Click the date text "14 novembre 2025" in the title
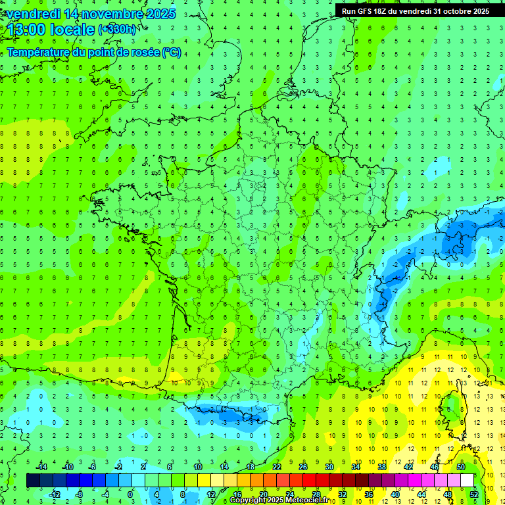pyautogui.click(x=120, y=14)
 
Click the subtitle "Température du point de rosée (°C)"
pyautogui.click(x=93, y=53)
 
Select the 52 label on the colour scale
pyautogui.click(x=474, y=494)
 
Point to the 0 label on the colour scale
pyautogui.click(x=130, y=494)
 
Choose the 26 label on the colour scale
pyautogui.click(x=302, y=467)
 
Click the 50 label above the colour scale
pyautogui.click(x=461, y=467)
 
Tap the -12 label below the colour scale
pyautogui.click(x=55, y=494)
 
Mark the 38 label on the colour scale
pyautogui.click(x=381, y=467)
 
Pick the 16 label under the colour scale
pyautogui.click(x=237, y=494)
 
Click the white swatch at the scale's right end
pyautogui.click(x=467, y=481)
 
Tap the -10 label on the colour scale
pyautogui.click(x=67, y=467)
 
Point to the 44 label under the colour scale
pyautogui.click(x=421, y=494)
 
